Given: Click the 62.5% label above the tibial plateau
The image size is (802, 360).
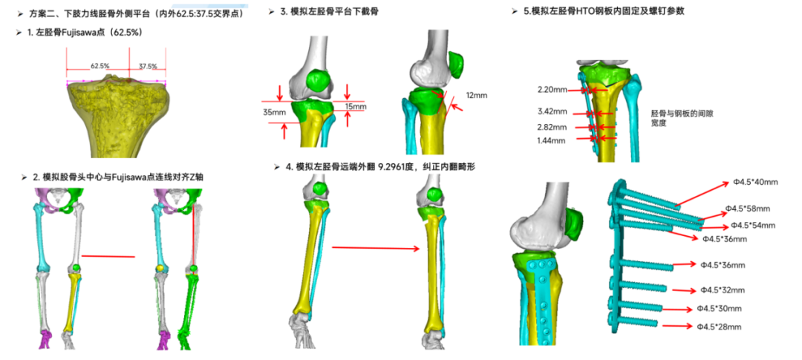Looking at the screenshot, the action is tap(100, 66).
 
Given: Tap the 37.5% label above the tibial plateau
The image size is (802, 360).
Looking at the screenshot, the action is tap(149, 66).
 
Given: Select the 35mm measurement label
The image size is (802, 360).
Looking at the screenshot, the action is tap(274, 113).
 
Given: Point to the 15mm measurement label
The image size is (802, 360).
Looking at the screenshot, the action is tap(356, 107).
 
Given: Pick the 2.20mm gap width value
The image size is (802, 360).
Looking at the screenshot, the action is tap(552, 90).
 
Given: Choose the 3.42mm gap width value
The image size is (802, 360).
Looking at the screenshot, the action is tap(553, 112).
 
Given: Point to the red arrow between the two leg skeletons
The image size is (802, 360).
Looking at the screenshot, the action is tap(108, 257).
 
